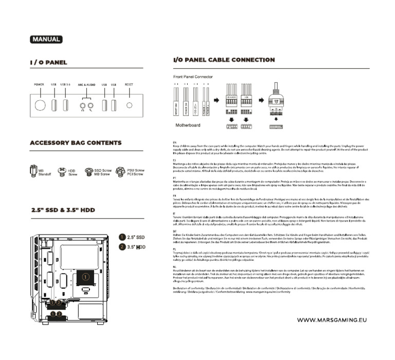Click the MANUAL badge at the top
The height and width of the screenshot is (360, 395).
pos(46,39)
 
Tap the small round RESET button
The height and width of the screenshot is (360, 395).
pos(129,105)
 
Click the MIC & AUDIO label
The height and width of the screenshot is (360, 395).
pos(86,84)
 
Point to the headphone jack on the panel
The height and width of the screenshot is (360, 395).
pos(82,107)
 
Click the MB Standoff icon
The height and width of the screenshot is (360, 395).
pos(33,172)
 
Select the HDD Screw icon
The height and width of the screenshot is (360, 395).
pos(62,172)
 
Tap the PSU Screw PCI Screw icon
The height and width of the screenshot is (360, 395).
pos(121,172)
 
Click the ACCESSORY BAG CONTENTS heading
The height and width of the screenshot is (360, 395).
pos(76,142)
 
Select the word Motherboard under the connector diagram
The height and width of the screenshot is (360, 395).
pos(188,125)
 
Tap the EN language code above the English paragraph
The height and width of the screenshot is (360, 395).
pos(174,141)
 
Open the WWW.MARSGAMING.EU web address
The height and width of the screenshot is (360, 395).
pos(332,320)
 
